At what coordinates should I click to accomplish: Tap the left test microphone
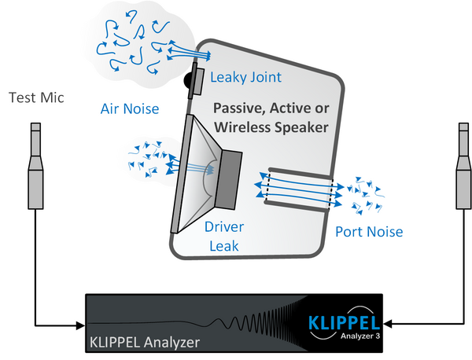[x=36, y=165]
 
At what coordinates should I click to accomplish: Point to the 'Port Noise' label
[x=369, y=232]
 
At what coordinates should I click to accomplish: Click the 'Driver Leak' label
[x=224, y=235]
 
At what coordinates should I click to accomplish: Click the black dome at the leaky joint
[x=189, y=79]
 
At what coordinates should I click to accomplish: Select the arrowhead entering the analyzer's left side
[x=81, y=324]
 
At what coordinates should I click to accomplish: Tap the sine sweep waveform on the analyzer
[x=236, y=322]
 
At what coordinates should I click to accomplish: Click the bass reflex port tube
[x=300, y=189]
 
